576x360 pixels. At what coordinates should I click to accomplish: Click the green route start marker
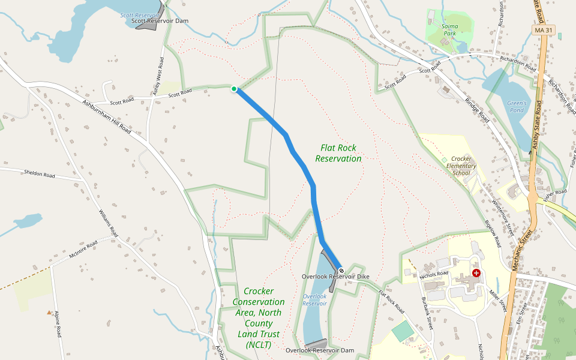234,89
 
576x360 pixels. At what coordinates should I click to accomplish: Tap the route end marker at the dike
341,271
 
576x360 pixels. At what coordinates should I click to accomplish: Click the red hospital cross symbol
476,272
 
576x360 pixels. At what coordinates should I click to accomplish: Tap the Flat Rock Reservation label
338,153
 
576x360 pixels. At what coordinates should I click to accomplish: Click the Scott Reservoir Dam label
160,21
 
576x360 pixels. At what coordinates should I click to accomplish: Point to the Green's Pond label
517,107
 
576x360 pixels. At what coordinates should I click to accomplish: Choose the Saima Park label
449,30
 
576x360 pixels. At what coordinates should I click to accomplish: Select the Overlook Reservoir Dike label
335,277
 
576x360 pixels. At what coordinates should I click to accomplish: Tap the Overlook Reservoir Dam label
320,350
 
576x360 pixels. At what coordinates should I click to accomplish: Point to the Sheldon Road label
40,175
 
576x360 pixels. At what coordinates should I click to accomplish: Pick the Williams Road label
108,223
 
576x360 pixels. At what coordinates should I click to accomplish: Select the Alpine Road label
58,324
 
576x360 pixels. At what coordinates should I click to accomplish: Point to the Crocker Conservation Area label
259,318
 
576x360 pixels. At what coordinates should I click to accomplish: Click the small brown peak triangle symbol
49,312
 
